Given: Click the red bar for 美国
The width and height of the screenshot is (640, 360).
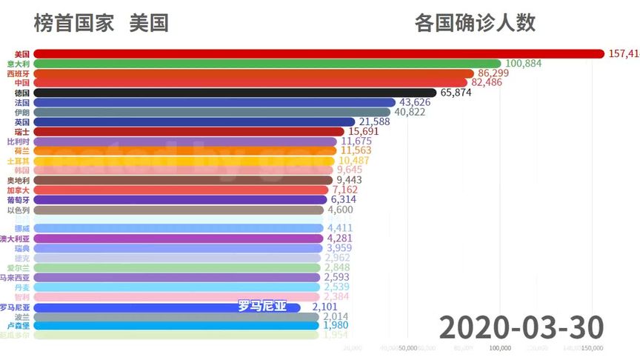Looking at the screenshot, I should pyautogui.click(x=319, y=53).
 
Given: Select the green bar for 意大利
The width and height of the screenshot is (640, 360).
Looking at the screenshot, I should pyautogui.click(x=267, y=64).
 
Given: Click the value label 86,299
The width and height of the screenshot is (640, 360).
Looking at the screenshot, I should pyautogui.click(x=493, y=73).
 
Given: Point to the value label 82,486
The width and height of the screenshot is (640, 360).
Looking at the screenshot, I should pyautogui.click(x=491, y=83).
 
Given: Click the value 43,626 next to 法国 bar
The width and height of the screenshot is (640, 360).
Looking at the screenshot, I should pyautogui.click(x=415, y=102).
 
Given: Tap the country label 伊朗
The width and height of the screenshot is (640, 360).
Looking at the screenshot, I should pyautogui.click(x=22, y=112).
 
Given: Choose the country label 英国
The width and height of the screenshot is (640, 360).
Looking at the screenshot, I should pyautogui.click(x=22, y=121).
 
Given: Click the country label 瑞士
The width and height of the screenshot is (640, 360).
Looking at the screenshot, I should pyautogui.click(x=22, y=131).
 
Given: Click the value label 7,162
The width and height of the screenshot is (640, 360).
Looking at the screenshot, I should pyautogui.click(x=345, y=190).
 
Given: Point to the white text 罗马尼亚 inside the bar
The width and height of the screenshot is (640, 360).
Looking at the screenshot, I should pyautogui.click(x=261, y=306).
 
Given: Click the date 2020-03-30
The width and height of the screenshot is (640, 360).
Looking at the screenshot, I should pyautogui.click(x=521, y=327).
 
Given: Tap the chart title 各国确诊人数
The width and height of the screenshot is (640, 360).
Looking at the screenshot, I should pyautogui.click(x=475, y=23).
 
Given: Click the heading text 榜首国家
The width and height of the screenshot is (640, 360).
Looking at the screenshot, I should pyautogui.click(x=74, y=23).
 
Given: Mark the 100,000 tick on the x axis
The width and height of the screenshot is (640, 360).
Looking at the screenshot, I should pyautogui.click(x=501, y=347).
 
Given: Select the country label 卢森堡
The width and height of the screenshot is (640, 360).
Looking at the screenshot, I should pyautogui.click(x=18, y=325).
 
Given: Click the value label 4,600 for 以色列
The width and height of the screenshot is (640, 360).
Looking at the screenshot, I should pyautogui.click(x=340, y=210).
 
